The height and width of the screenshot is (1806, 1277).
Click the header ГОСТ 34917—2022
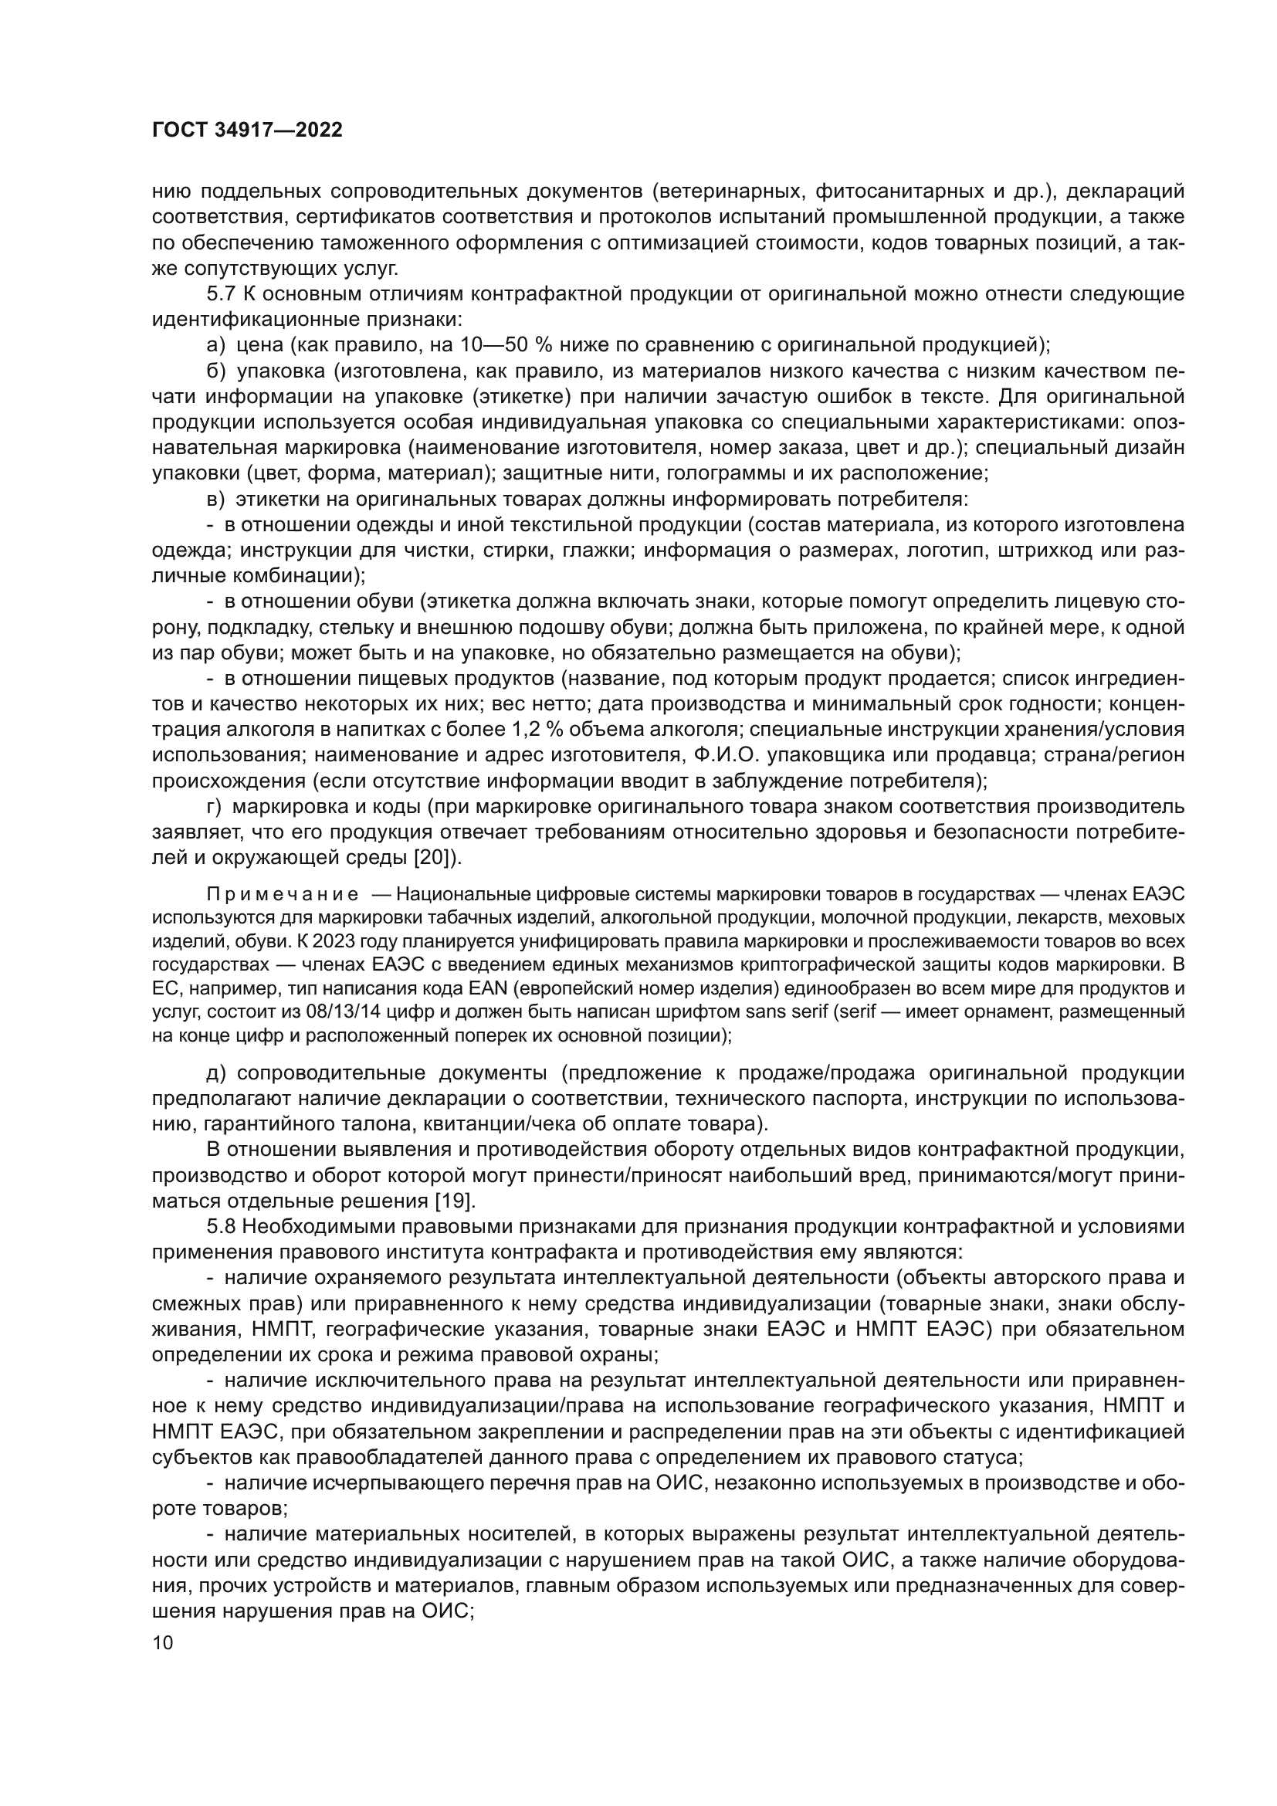[247, 130]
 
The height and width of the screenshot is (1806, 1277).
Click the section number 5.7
[221, 294]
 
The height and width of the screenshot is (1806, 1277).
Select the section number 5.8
[221, 1226]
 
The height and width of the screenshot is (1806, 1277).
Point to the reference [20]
[435, 857]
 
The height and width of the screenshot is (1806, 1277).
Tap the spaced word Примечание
[283, 894]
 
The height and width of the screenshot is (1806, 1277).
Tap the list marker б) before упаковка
[215, 371]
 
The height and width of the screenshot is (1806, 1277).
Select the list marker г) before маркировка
[214, 806]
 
